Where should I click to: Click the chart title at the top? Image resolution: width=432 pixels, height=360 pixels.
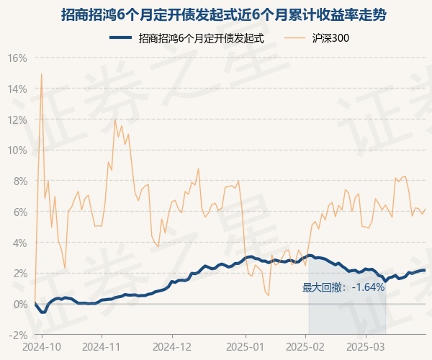tap(215, 14)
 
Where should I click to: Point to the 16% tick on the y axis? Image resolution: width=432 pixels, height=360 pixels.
tap(17, 58)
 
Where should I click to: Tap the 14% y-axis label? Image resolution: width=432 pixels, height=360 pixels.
tap(17, 89)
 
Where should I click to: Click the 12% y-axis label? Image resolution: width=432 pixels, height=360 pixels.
tap(17, 120)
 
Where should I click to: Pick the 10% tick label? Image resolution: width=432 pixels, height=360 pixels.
tap(17, 150)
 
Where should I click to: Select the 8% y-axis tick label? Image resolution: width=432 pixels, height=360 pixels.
tap(19, 181)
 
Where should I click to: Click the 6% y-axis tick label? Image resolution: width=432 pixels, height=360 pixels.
tap(19, 212)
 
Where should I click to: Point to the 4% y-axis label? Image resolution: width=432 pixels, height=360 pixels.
tap(19, 243)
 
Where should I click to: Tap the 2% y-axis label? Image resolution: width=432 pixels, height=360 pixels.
tap(19, 273)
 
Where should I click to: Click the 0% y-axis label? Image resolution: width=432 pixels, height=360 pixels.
tap(19, 304)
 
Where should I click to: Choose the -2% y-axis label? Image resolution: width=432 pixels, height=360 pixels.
tap(18, 335)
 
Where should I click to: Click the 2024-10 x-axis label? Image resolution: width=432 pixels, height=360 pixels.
tap(42, 346)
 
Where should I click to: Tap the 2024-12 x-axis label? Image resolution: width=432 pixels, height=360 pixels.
tap(172, 346)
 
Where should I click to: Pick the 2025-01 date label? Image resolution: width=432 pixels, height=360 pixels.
tap(246, 346)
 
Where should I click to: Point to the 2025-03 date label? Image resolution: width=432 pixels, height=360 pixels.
tap(366, 346)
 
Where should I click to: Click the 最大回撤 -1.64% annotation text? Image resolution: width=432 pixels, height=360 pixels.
tap(343, 287)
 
